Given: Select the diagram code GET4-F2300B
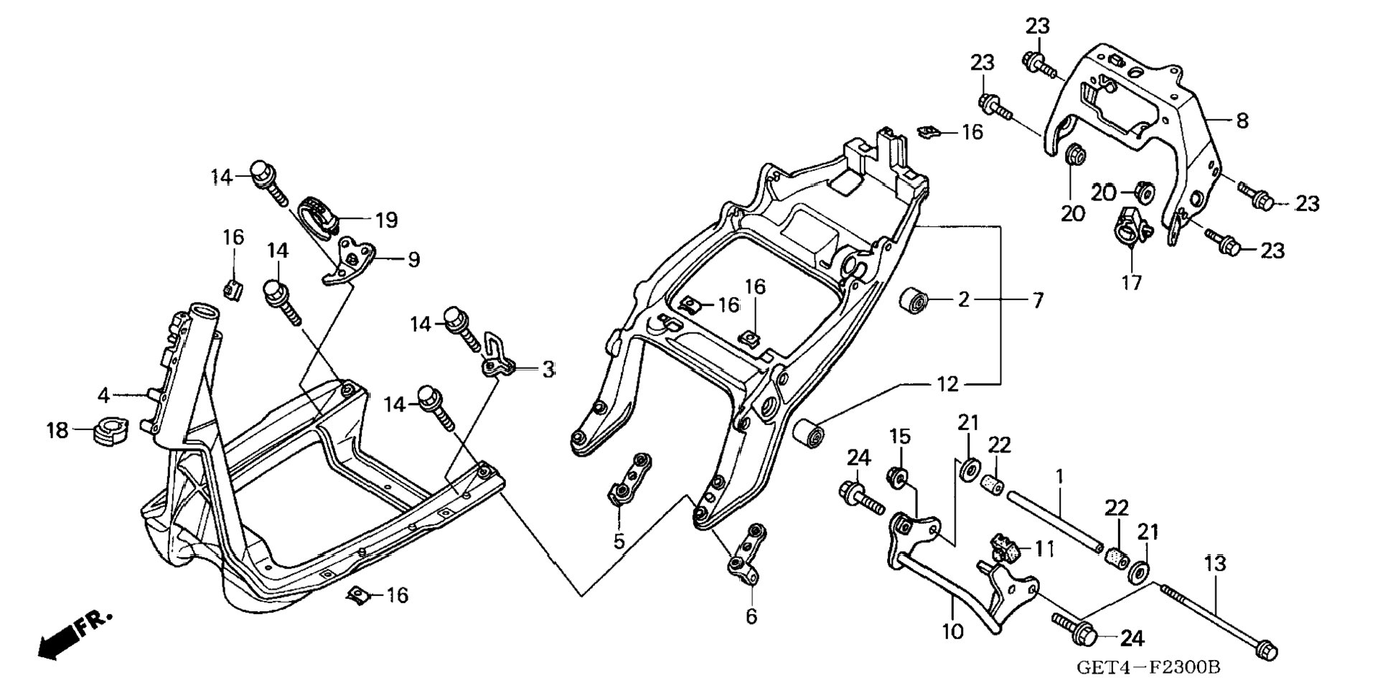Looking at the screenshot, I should [x=1148, y=667].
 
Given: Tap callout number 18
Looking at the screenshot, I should [x=57, y=431].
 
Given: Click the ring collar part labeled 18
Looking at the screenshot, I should [x=110, y=430].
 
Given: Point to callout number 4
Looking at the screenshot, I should [x=103, y=395].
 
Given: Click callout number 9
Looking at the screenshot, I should [x=413, y=259].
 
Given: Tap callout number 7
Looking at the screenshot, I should [x=1038, y=300].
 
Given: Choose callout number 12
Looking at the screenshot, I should [x=947, y=385].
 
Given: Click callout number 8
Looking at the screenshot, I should [x=1242, y=121].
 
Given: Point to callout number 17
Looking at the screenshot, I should [x=1131, y=283].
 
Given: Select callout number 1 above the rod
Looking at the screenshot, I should [x=1059, y=476].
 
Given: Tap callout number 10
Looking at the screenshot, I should [x=953, y=632].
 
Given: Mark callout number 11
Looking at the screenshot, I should [x=1044, y=549].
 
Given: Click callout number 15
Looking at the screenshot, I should [x=900, y=436].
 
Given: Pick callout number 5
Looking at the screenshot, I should [x=619, y=541].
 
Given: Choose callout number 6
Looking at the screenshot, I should [x=751, y=616].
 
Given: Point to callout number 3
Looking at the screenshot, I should [x=548, y=370].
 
